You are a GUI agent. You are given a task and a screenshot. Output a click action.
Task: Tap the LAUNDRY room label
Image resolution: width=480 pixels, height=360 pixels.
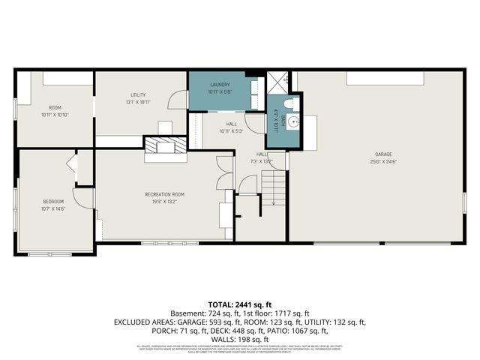click(x=220, y=84)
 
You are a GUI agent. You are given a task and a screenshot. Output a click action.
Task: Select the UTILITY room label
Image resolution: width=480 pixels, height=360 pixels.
click(x=137, y=94)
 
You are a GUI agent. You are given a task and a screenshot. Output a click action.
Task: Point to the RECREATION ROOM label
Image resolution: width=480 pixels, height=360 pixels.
click(x=164, y=194)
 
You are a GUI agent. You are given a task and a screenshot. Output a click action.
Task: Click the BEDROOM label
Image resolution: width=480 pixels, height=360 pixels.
click(x=52, y=201)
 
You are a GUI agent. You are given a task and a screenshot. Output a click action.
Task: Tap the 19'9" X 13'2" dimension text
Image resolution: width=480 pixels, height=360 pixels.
click(x=164, y=201)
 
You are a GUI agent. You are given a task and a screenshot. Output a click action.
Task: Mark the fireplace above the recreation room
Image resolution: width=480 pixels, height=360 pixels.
click(x=165, y=148)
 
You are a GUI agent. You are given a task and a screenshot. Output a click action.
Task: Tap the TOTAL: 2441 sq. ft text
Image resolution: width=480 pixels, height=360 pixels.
click(x=240, y=304)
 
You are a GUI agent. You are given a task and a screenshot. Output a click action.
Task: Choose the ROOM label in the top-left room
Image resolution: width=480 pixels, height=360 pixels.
click(x=54, y=108)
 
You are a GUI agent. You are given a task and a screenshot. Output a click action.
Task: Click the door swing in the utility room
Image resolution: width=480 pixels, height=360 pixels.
click(x=178, y=98)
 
